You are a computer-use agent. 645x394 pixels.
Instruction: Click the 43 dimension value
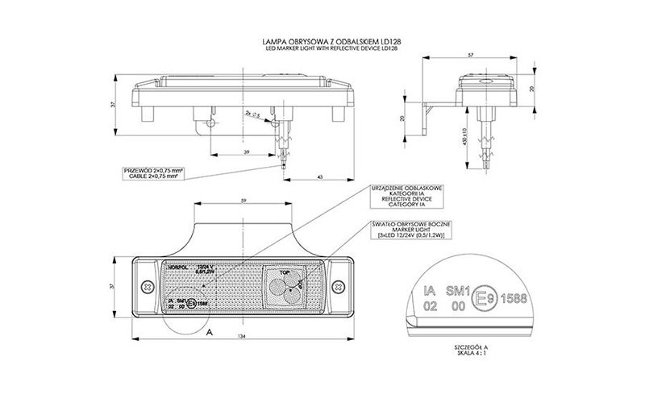click(319, 176)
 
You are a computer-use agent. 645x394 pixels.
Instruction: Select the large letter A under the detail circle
click(210, 331)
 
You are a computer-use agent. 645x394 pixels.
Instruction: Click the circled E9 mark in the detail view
click(481, 297)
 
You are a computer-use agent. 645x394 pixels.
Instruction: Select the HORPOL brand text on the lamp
click(177, 267)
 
